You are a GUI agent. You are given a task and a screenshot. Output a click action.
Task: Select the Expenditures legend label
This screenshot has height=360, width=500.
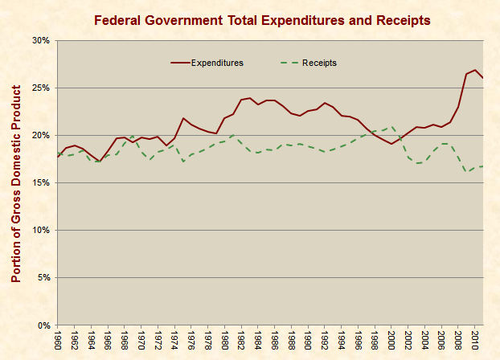(217, 62)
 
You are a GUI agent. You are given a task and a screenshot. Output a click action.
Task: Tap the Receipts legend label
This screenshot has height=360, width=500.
(319, 62)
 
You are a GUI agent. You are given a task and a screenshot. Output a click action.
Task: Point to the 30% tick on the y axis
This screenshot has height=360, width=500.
(40, 40)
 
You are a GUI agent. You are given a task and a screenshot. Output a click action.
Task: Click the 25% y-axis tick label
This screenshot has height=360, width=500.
(40, 88)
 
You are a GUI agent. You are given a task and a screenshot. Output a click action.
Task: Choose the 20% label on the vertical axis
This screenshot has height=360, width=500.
(40, 135)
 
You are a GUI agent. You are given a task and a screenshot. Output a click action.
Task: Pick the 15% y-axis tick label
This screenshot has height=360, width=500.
(40, 182)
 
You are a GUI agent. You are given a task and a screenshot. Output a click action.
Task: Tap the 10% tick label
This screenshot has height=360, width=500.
(40, 230)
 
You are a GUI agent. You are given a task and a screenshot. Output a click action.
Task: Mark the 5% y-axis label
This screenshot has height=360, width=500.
(43, 277)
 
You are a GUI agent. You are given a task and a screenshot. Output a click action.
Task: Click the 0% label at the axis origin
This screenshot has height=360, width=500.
(43, 325)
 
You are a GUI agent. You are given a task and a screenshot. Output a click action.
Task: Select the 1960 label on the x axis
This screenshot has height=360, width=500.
(58, 339)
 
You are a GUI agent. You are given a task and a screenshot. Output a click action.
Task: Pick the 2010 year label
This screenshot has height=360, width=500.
(476, 339)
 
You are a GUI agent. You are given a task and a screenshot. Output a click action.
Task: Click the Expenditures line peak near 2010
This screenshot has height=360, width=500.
(475, 70)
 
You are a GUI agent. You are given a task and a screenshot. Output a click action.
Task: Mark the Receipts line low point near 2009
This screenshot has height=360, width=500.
(467, 171)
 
